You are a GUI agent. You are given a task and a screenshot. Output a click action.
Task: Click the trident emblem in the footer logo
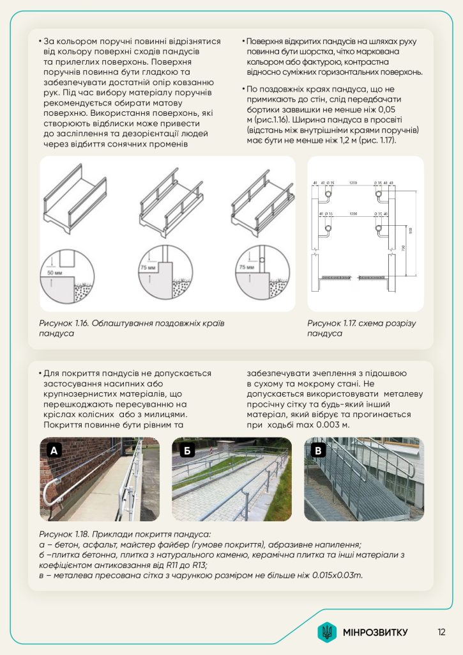327,632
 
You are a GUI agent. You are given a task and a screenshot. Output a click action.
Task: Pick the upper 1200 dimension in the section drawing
353,182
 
